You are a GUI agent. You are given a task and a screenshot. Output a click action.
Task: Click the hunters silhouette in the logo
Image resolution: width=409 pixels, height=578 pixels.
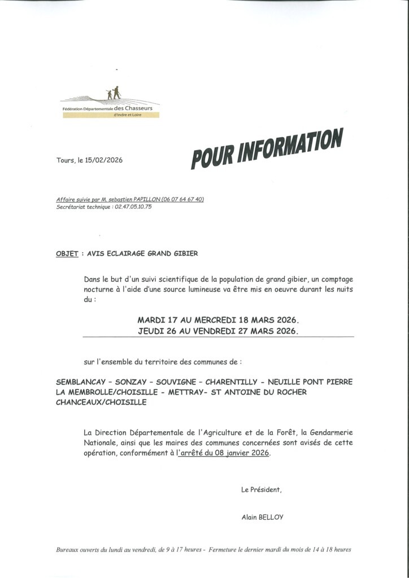click(x=114, y=93)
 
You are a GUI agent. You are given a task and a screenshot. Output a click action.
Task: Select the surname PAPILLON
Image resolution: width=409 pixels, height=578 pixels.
click(x=146, y=200)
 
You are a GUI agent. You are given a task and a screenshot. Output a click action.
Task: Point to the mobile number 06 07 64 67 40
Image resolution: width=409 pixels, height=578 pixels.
click(x=183, y=200)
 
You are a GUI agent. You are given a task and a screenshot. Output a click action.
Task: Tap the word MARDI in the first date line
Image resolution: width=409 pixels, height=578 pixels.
click(x=152, y=319)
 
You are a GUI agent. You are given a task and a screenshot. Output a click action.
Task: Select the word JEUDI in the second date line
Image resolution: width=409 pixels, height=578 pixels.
click(x=151, y=331)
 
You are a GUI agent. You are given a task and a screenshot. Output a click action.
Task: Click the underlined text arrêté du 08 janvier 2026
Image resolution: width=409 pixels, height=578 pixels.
click(x=224, y=453)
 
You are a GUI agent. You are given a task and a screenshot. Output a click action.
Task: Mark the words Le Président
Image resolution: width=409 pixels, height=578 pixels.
click(x=261, y=489)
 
